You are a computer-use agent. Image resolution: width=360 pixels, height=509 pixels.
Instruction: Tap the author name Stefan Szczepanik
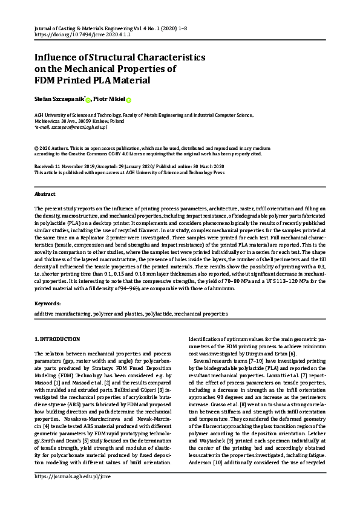59,99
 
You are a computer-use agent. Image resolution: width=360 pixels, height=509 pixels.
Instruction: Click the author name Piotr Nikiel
110,99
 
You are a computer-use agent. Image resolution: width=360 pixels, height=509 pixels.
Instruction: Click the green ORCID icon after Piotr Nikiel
129,100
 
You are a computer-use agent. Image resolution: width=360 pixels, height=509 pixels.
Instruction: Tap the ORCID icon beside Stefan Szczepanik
88,100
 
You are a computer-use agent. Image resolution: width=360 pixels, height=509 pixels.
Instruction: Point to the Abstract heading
45,194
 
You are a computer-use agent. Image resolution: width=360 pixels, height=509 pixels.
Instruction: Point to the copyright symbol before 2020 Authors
36,148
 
